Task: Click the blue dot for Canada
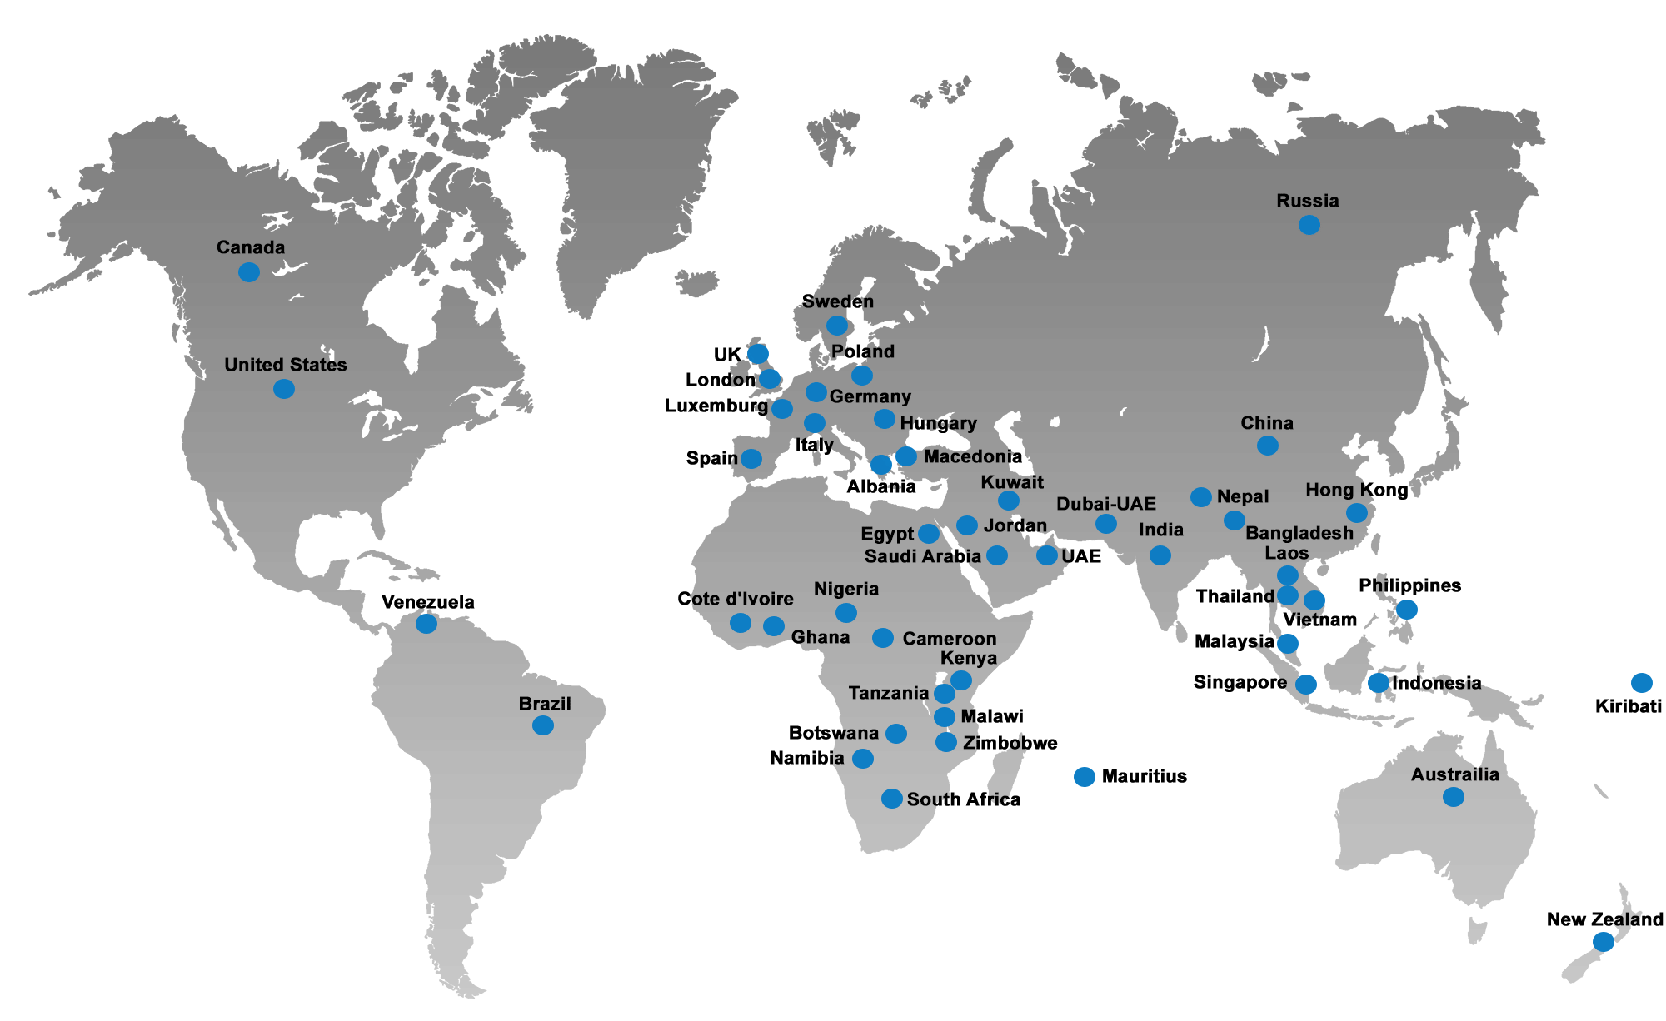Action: point(248,272)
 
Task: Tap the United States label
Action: point(286,365)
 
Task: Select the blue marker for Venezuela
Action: point(426,623)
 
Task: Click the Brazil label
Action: point(545,704)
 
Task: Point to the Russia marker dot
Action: point(1309,224)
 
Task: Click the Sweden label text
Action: point(838,301)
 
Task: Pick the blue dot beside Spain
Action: point(751,459)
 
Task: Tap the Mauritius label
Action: point(1144,776)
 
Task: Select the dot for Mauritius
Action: point(1085,776)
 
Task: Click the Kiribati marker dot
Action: point(1641,683)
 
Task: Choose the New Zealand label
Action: point(1604,919)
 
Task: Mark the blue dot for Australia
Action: point(1453,797)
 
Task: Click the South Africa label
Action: point(963,799)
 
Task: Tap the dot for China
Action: point(1267,446)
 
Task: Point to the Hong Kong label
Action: point(1356,490)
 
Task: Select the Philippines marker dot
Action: point(1406,610)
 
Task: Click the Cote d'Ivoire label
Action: point(736,599)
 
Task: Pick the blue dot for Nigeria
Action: point(846,613)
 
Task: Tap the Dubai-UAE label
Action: point(1106,504)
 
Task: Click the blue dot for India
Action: point(1160,555)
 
